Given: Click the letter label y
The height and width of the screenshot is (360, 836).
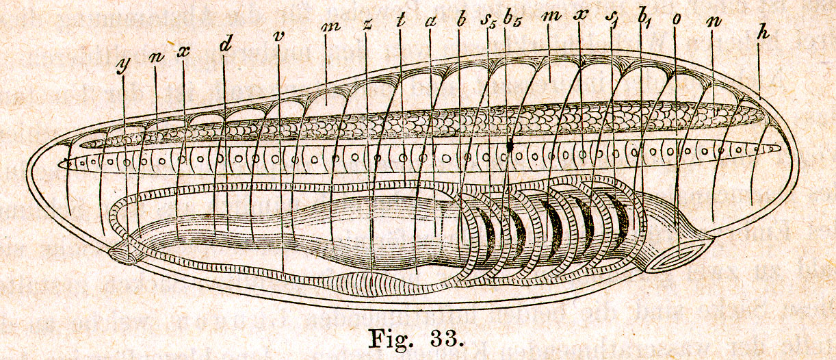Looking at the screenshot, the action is coord(122,66).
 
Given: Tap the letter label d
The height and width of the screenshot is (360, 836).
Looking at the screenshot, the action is coord(226,46).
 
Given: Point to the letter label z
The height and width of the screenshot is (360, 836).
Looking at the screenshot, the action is coord(367,25).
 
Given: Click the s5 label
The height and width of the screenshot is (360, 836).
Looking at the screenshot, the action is coord(488,23).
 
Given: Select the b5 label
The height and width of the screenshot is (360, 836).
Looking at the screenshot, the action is coord(511,21).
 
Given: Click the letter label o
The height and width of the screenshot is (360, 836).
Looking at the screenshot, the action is coord(675,20).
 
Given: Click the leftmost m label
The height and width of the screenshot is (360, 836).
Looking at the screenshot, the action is coord(330,27).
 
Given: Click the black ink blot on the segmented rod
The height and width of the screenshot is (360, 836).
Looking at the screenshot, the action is coord(510,145).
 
